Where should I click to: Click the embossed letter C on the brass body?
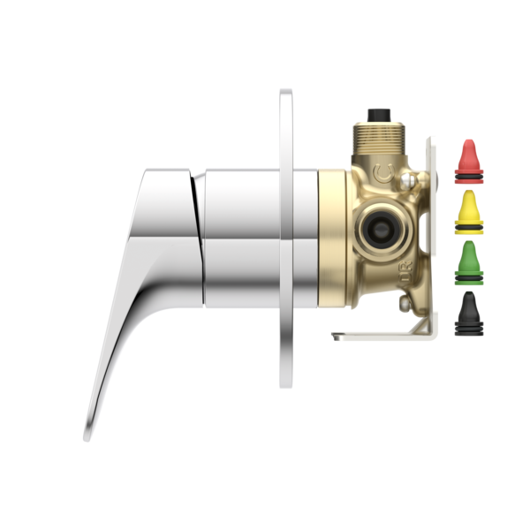pyautogui.click(x=382, y=171)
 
